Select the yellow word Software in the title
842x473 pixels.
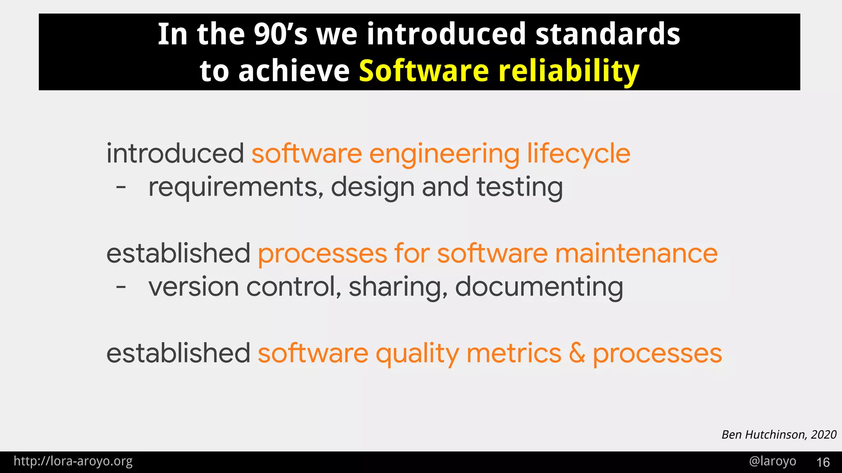pyautogui.click(x=423, y=71)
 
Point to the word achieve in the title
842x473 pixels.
pyautogui.click(x=294, y=71)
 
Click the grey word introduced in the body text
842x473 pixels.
pyautogui.click(x=175, y=154)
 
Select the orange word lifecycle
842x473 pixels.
pyautogui.click(x=578, y=154)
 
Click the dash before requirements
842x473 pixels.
pyautogui.click(x=121, y=188)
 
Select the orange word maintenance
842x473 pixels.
pyautogui.click(x=636, y=253)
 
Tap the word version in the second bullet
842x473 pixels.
pyautogui.click(x=194, y=287)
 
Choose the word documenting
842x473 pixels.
pyautogui.click(x=539, y=287)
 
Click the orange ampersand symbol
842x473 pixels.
pyautogui.click(x=577, y=353)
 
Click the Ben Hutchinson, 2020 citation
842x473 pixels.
pyautogui.click(x=779, y=434)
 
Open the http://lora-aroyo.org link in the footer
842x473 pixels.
pyautogui.click(x=73, y=462)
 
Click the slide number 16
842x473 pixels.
pyautogui.click(x=823, y=462)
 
